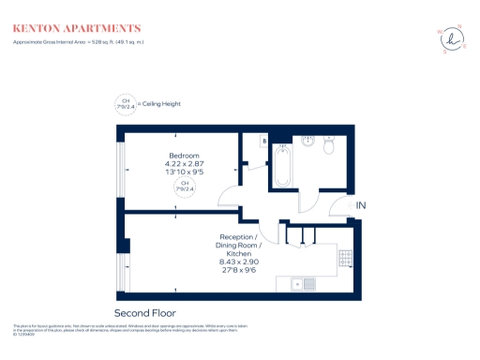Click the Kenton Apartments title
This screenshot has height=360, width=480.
[77, 29]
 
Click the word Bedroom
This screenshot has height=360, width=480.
[184, 155]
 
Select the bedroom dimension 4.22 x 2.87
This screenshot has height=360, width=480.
[184, 164]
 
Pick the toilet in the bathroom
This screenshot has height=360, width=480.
[329, 146]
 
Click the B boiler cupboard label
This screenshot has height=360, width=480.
[264, 142]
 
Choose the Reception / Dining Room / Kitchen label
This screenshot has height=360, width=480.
[237, 246]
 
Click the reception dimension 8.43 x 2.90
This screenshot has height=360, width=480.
[237, 262]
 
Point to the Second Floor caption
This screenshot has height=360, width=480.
[144, 312]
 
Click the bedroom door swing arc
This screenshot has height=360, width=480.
[228, 195]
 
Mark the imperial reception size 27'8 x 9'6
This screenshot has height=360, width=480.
[237, 271]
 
